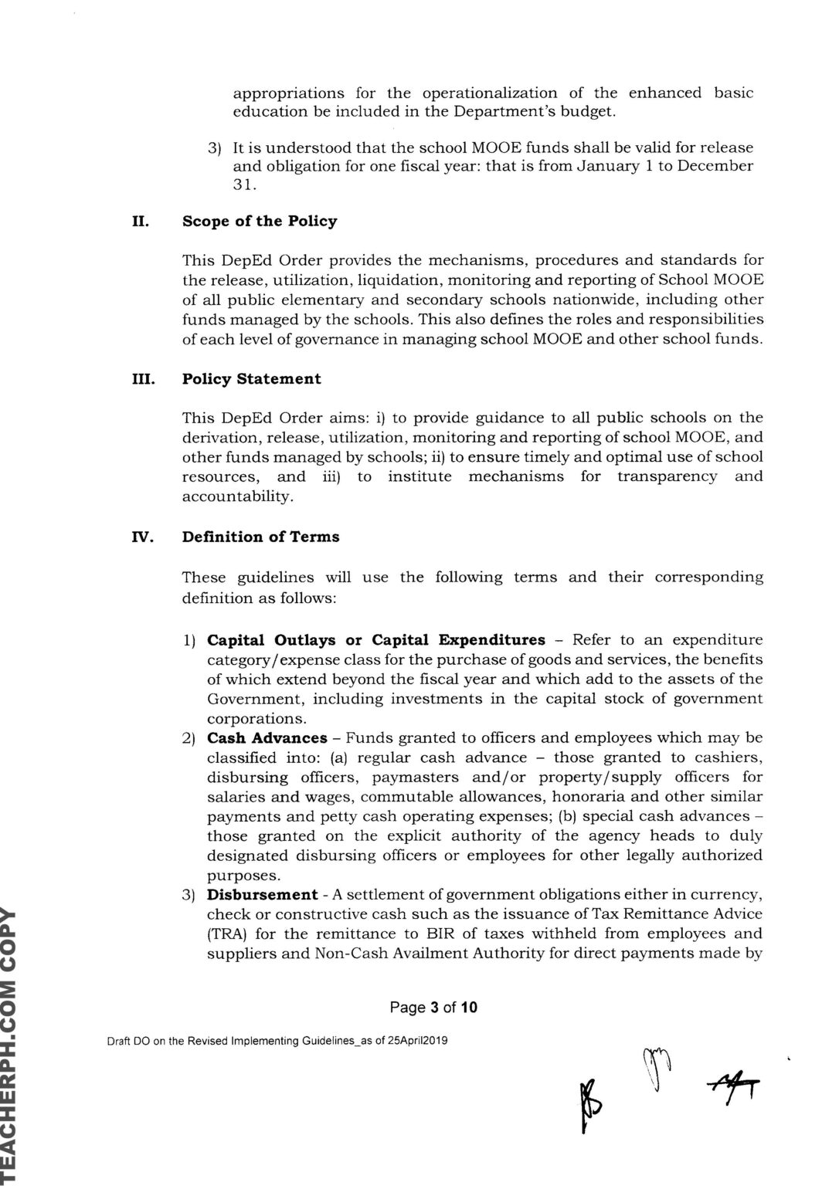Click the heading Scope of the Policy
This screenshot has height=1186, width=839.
(x=260, y=222)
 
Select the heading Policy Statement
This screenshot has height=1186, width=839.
(x=251, y=379)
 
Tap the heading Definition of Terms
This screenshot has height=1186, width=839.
(x=260, y=537)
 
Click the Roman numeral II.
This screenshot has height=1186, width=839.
(x=140, y=222)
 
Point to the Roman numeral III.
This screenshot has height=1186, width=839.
(x=142, y=379)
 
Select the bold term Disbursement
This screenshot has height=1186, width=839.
(x=262, y=895)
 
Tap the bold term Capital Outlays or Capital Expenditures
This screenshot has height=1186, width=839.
(x=376, y=640)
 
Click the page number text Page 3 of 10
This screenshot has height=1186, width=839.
(x=433, y=1007)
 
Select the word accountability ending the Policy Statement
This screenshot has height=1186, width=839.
(x=226, y=497)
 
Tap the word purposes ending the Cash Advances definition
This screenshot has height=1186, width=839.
(x=241, y=876)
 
